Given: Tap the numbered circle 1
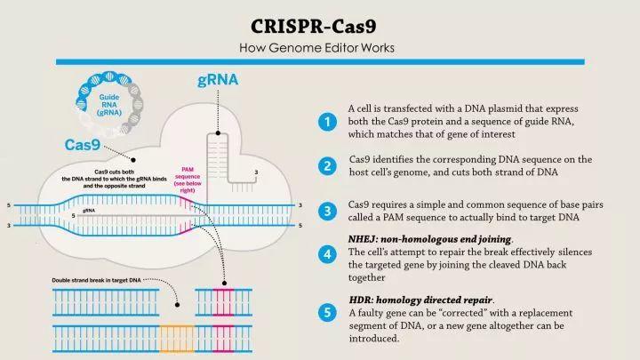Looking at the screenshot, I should pos(328,122).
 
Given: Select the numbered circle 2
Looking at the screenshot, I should pos(328,165).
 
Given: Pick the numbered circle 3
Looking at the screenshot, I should pos(328,211).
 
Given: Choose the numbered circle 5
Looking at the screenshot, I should pos(328,312).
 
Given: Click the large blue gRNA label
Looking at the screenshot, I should pos(217,81).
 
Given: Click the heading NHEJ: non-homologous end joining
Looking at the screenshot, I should pos(429,240).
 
